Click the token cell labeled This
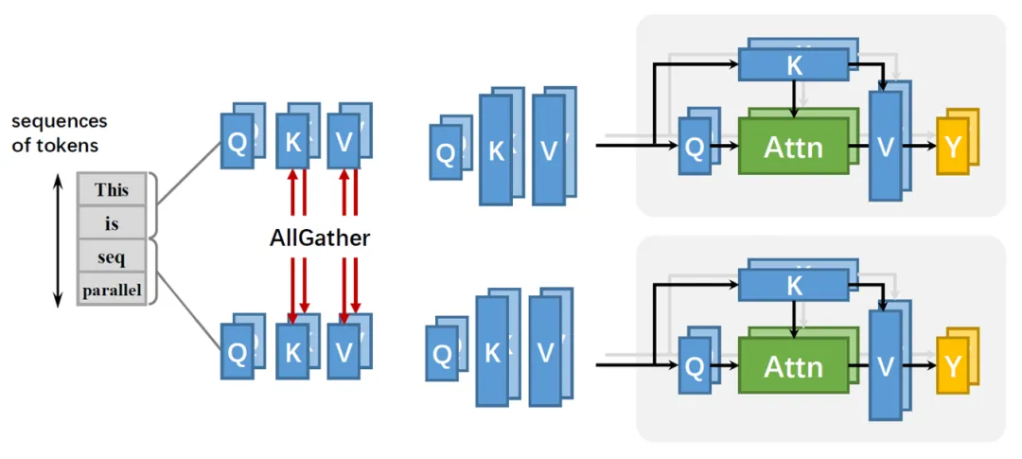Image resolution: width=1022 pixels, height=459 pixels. pos(112,190)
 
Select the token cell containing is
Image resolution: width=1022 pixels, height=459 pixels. pos(112,223)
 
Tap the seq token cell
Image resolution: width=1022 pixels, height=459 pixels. pos(112,256)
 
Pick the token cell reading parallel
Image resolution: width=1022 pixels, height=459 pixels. pos(112,290)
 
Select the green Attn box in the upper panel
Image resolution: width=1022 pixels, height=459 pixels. pos(792,147)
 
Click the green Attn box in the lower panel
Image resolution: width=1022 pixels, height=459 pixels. pos(792,365)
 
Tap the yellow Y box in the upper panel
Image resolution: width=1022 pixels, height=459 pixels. pos(952,148)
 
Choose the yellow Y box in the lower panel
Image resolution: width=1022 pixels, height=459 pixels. pos(952,366)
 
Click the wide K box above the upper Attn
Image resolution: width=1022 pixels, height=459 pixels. pos(793,64)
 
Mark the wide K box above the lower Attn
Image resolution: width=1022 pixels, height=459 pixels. pos(793,284)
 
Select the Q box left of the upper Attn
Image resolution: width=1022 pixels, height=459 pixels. pos(694,148)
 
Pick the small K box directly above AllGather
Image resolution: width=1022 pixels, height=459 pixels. pos(292,142)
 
